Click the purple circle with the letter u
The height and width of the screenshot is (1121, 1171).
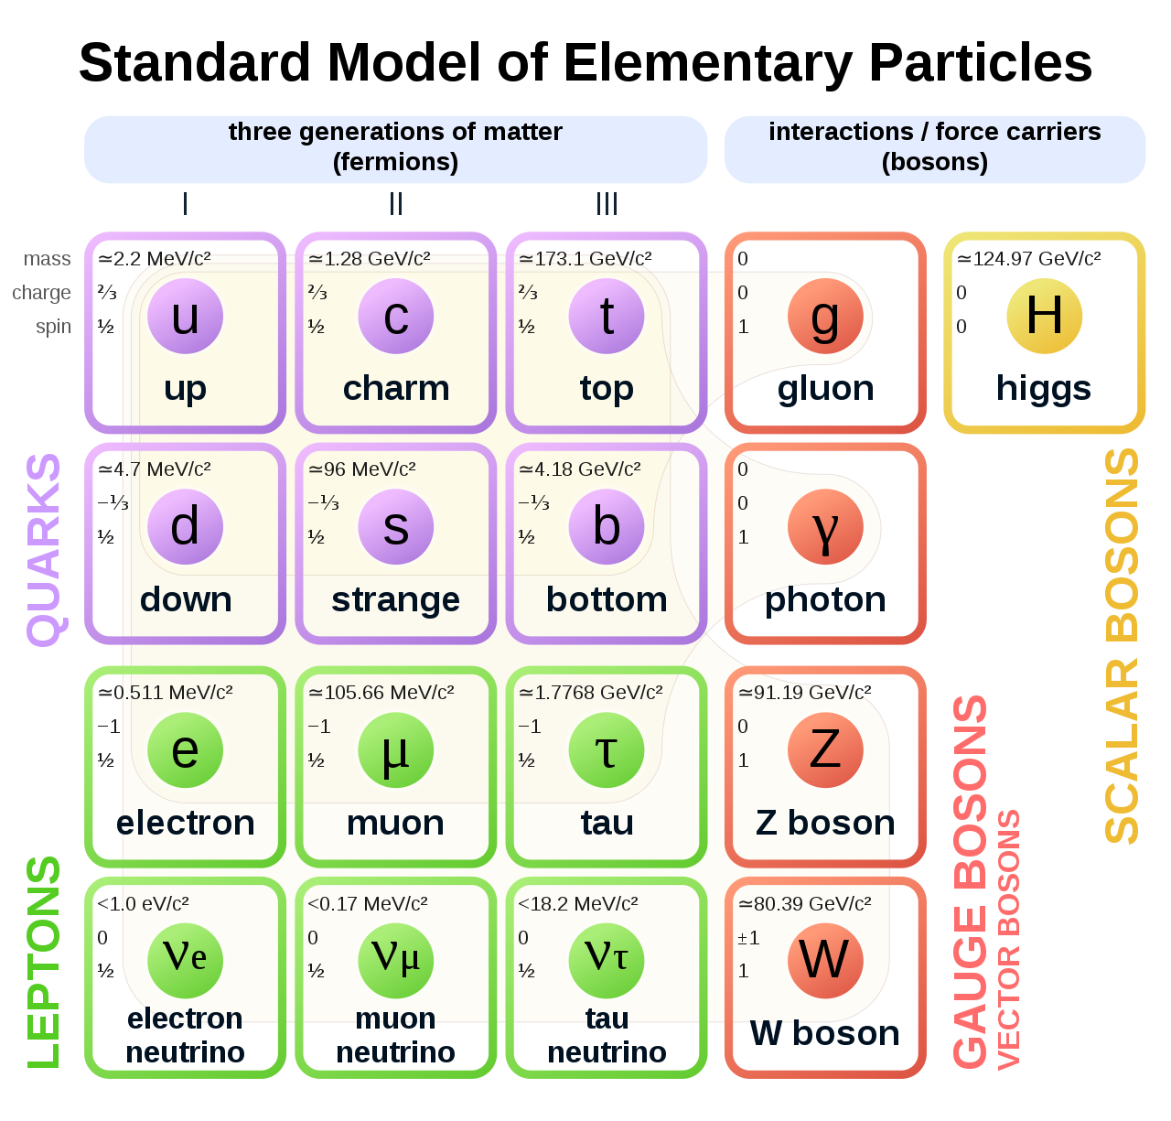tap(185, 317)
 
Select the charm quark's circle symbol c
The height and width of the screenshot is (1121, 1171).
tap(395, 317)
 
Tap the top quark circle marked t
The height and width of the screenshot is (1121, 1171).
tap(606, 317)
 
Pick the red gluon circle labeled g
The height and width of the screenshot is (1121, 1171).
tap(824, 317)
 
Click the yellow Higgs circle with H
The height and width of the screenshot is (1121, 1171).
tap(1044, 317)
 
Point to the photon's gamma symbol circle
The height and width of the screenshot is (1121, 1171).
tap(824, 527)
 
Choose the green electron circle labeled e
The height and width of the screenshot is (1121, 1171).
tap(185, 750)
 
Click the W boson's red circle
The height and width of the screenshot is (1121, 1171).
tap(824, 960)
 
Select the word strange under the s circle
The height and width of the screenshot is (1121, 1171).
tap(395, 600)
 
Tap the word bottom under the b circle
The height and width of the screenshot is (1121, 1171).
tap(606, 600)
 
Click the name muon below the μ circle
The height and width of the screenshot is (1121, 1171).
tap(395, 824)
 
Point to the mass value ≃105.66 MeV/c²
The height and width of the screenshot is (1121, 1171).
tap(381, 693)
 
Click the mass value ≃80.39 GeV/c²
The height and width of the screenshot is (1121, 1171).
tap(805, 904)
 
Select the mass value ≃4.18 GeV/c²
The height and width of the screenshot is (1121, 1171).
tap(580, 469)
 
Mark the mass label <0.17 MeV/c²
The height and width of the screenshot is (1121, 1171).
tap(368, 904)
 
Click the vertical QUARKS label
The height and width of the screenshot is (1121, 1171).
tap(44, 549)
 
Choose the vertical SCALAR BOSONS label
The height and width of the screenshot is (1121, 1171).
tap(1122, 646)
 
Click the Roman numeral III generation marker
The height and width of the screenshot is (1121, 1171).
tap(607, 204)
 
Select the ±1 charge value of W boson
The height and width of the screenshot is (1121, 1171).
tap(748, 938)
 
